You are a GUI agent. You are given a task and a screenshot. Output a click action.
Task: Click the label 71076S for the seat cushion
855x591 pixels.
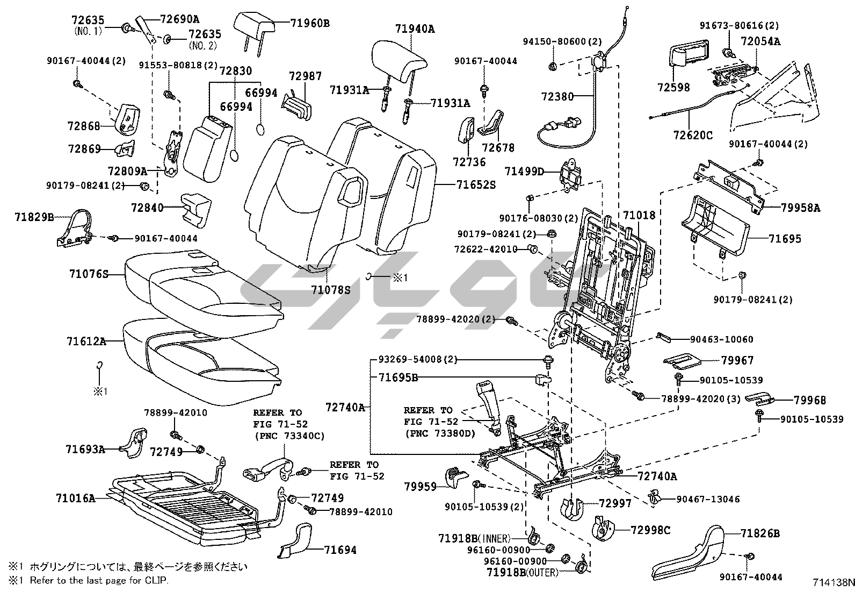pyautogui.click(x=89, y=274)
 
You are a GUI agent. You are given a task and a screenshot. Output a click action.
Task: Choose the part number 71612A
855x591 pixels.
pyautogui.click(x=86, y=341)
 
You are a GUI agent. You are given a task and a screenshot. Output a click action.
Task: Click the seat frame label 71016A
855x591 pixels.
pyautogui.click(x=75, y=498)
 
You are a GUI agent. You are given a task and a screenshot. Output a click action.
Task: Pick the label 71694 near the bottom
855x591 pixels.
pyautogui.click(x=340, y=550)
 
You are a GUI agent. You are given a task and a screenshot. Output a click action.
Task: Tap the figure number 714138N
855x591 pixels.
pyautogui.click(x=832, y=582)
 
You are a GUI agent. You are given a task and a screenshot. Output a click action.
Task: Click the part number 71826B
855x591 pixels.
pyautogui.click(x=760, y=533)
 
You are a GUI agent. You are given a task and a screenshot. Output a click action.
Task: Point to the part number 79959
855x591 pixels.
pyautogui.click(x=421, y=487)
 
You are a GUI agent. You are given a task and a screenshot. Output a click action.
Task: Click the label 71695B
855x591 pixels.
pyautogui.click(x=398, y=377)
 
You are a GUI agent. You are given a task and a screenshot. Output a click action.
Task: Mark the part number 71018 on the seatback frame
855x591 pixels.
pyautogui.click(x=639, y=216)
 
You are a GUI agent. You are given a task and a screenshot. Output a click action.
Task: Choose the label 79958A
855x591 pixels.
pyautogui.click(x=801, y=208)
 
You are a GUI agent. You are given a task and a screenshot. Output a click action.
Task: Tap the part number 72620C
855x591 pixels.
pyautogui.click(x=693, y=136)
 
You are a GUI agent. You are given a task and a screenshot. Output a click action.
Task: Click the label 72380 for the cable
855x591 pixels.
pyautogui.click(x=557, y=97)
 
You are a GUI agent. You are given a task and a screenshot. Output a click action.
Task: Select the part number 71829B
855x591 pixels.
pyautogui.click(x=34, y=217)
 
